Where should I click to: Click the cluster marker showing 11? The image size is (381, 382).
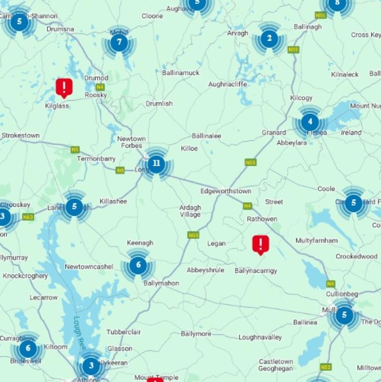coord(156,164)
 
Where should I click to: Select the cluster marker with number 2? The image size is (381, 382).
coord(269,39)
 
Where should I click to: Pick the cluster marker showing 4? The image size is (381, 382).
coord(310,122)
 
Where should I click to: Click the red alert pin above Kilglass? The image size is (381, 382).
coord(64,87)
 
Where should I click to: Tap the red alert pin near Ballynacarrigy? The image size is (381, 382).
coord(260,244)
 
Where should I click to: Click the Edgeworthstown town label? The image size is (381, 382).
coord(232,191)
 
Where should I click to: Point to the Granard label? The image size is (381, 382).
coord(274,133)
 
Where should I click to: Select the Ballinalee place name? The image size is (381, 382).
coord(206,136)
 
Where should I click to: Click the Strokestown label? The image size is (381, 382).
coord(20,136)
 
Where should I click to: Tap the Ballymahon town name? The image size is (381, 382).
coord(161,284)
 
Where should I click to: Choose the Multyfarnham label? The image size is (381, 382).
coord(316,241)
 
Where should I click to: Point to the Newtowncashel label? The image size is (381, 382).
coord(89,267)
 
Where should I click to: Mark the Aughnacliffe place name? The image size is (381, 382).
coord(228,84)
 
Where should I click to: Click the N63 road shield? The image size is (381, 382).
coord(28,217)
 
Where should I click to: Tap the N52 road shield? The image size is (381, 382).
coord(326,367)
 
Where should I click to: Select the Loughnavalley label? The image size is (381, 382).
coord(260,337)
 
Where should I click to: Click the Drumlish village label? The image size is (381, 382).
coord(159,104)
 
